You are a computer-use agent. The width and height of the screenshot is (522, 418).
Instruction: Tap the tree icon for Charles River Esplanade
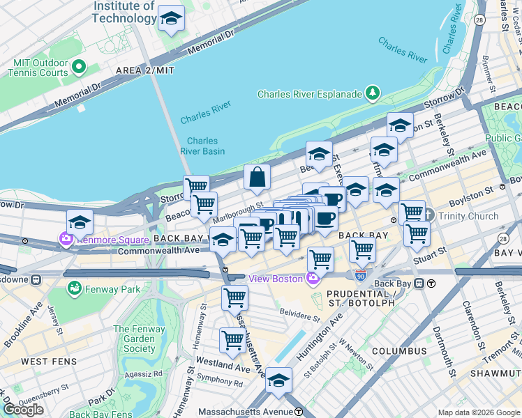point(373,94)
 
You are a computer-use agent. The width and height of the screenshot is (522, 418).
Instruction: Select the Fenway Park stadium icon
point(73,286)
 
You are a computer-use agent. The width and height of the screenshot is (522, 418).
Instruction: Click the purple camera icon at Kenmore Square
point(66,239)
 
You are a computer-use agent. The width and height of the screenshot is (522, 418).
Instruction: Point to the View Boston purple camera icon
point(313,279)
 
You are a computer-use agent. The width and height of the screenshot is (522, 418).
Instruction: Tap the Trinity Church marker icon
point(429,216)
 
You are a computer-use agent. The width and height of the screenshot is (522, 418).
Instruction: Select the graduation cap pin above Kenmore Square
point(80,222)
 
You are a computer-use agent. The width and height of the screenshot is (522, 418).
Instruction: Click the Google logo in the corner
point(23,410)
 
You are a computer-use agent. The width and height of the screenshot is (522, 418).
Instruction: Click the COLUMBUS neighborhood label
point(398,350)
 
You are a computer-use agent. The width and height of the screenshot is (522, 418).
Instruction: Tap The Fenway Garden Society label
point(135,339)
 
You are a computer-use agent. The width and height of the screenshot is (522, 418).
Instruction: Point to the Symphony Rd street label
point(219,382)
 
